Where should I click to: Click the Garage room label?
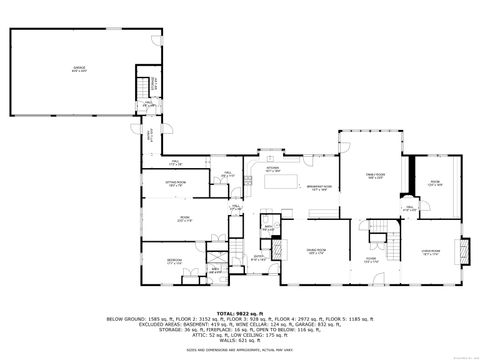pos(78,70)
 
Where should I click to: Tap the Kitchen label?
pos(273,170)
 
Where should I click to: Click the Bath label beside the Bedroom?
pos(215,269)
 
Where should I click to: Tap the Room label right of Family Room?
pos(433,184)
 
